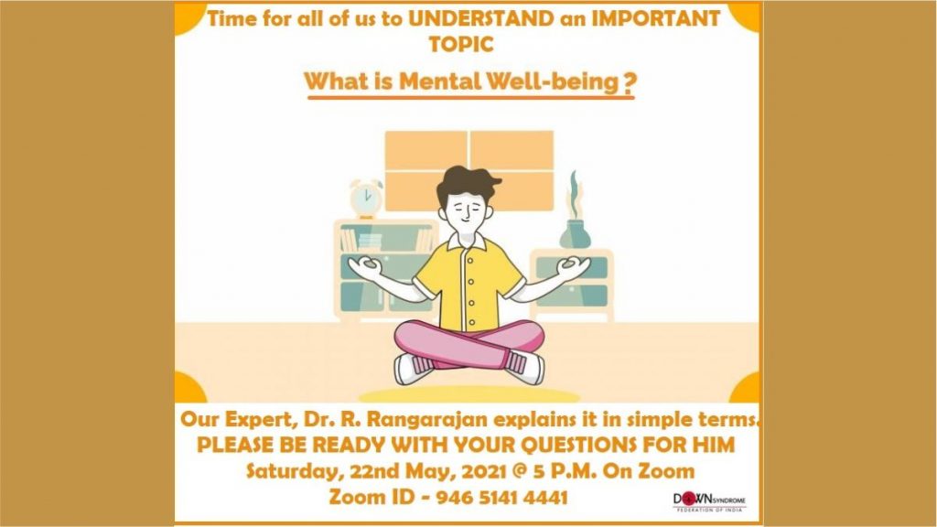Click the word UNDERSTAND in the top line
[x=481, y=18]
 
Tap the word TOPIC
[x=461, y=44]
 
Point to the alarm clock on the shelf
[x=366, y=199]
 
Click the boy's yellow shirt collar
[x=468, y=242]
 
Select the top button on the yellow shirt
[x=470, y=261]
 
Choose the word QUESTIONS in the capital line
[x=578, y=446]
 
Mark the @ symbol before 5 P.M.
[x=521, y=471]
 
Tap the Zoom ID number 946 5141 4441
[x=501, y=497]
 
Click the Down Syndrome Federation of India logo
[x=709, y=501]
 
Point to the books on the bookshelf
[x=361, y=241]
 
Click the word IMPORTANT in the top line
[x=655, y=18]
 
